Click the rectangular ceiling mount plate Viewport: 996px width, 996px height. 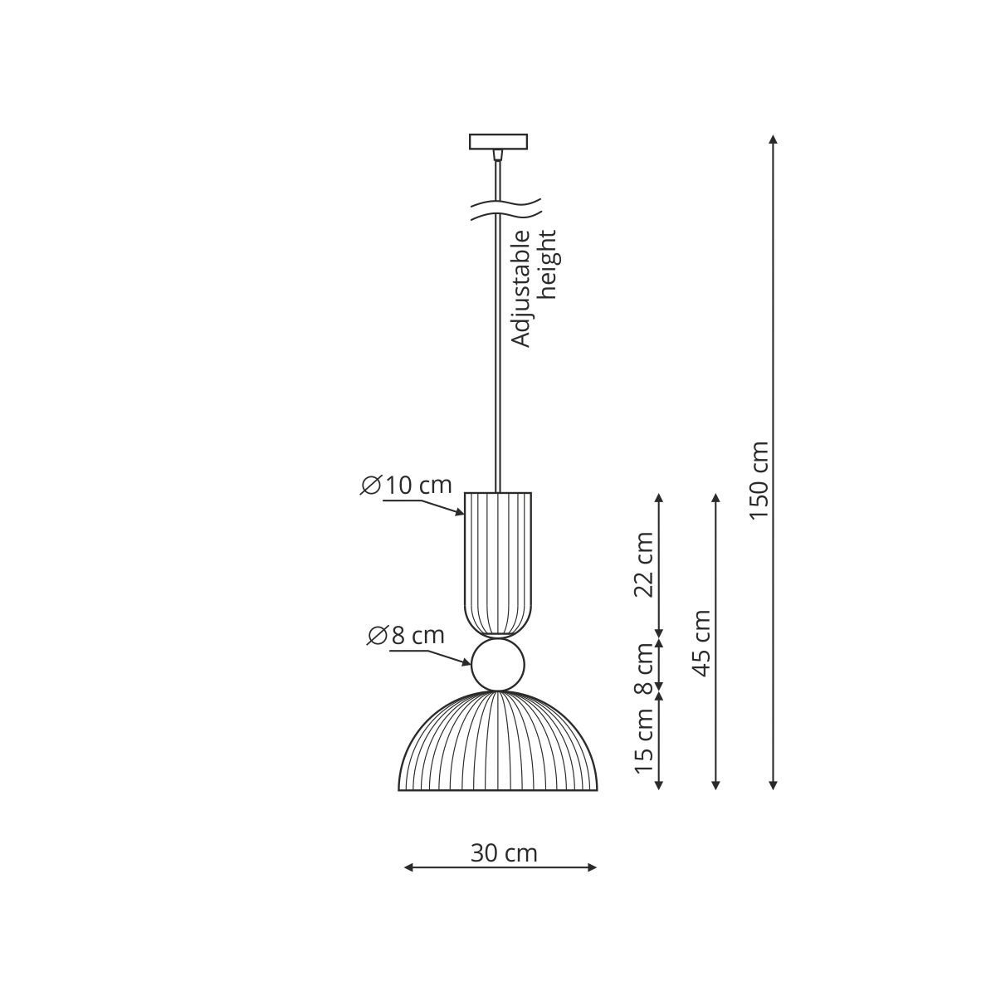498,142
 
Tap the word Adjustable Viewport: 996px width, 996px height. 520,287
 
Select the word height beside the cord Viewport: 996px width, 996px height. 546,264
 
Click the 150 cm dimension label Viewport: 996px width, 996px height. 759,481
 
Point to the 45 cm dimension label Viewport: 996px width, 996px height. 701,643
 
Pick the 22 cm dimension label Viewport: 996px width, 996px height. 644,564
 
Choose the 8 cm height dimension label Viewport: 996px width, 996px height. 644,668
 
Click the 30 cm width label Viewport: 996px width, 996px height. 504,853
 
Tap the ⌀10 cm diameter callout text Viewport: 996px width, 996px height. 406,485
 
